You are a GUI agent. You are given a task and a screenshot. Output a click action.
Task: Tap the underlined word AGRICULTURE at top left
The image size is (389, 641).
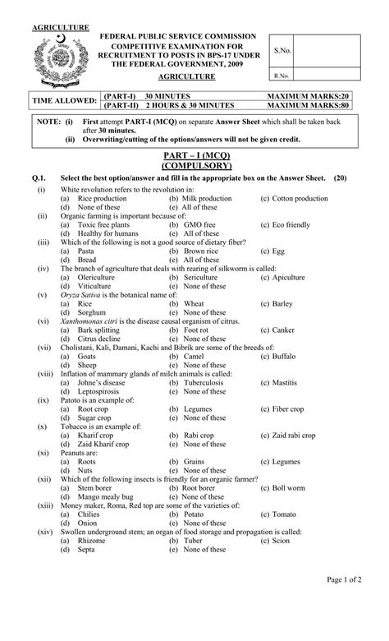61,28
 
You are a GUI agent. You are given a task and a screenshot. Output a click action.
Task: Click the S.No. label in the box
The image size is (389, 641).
284,51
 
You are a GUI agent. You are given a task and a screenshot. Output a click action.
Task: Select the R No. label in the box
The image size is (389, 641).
283,76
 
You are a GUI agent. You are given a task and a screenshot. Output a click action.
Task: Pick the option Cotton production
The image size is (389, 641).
300,199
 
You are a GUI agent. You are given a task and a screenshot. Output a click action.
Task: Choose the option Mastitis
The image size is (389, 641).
286,382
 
